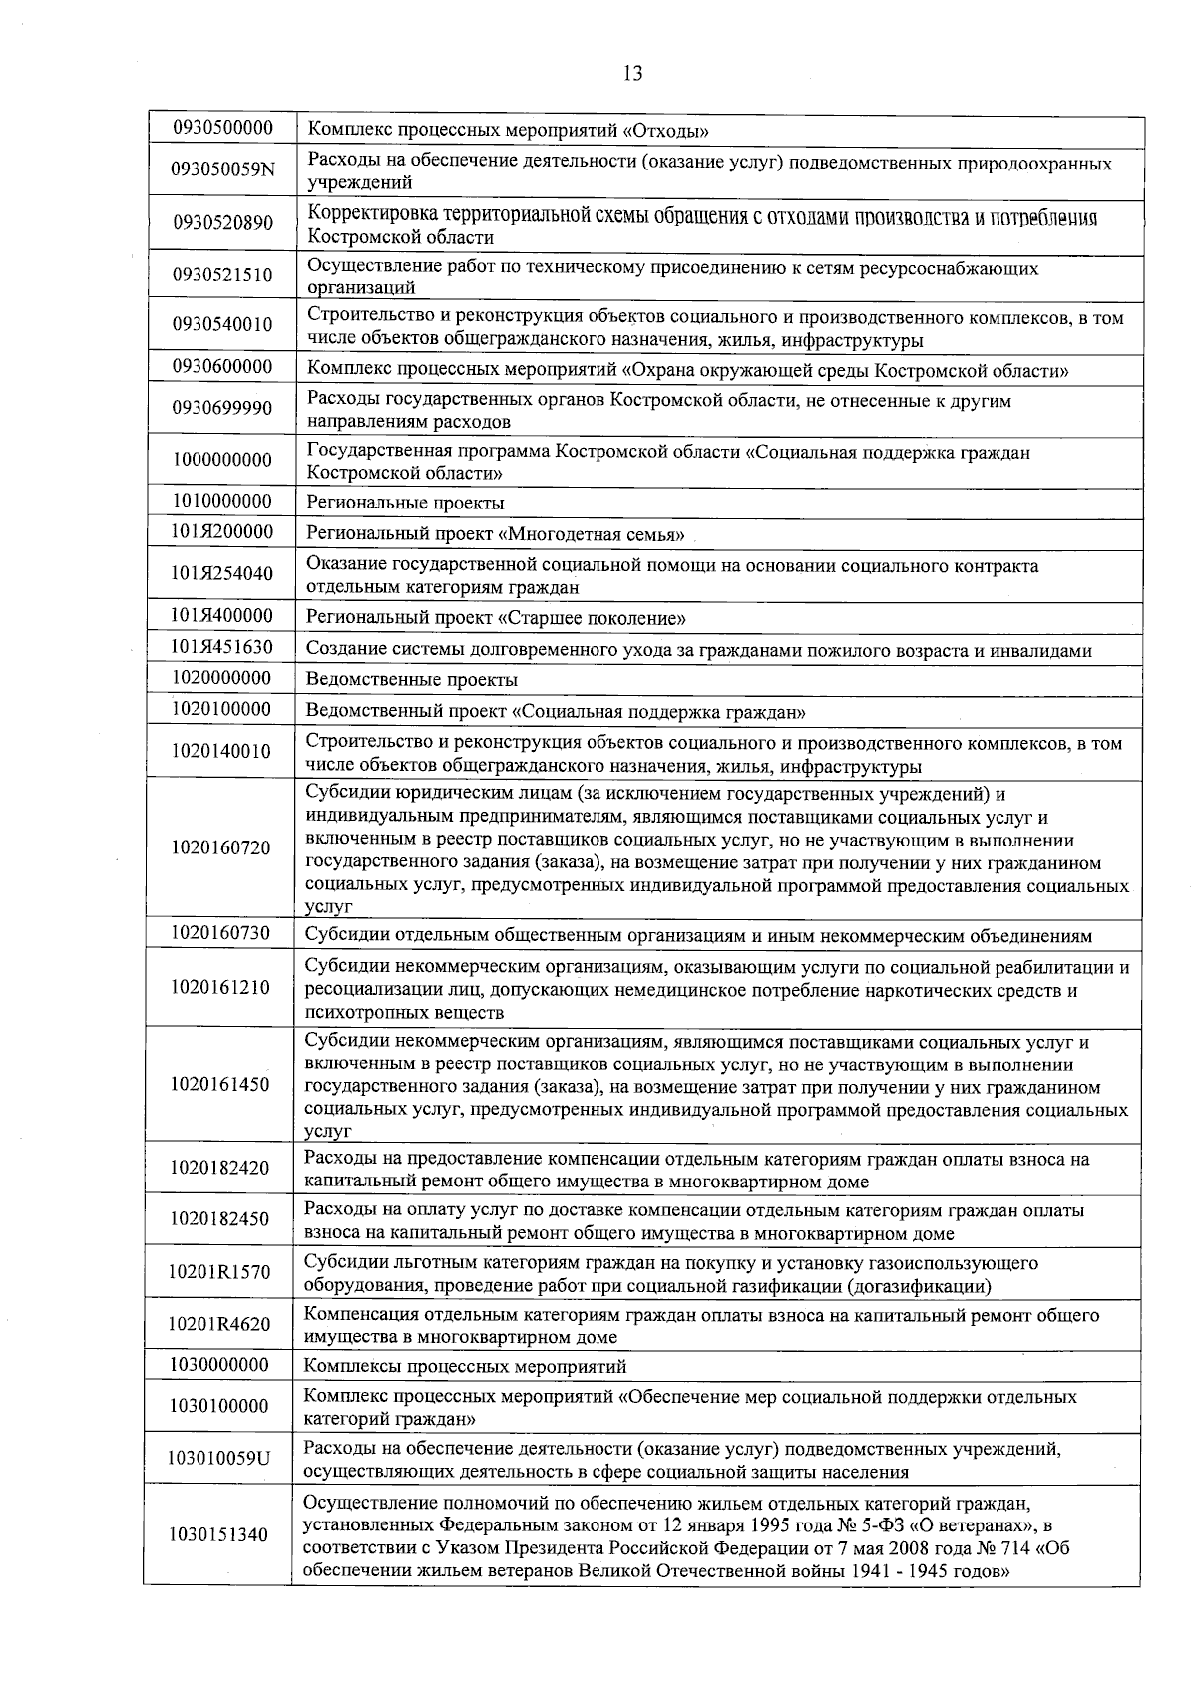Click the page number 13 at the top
pyautogui.click(x=632, y=73)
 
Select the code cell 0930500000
pyautogui.click(x=222, y=128)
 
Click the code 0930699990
pyautogui.click(x=222, y=409)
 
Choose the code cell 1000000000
pyautogui.click(x=221, y=460)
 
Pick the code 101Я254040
pyautogui.click(x=221, y=574)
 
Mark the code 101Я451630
pyautogui.click(x=221, y=647)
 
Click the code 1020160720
pyautogui.click(x=220, y=848)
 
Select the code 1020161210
pyautogui.click(x=220, y=988)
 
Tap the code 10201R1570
pyautogui.click(x=219, y=1272)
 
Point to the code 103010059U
pyautogui.click(x=219, y=1458)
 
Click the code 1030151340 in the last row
pyautogui.click(x=218, y=1535)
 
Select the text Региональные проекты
pyautogui.click(x=405, y=503)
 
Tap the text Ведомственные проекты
pyautogui.click(x=412, y=680)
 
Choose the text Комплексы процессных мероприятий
pyautogui.click(x=465, y=1366)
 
